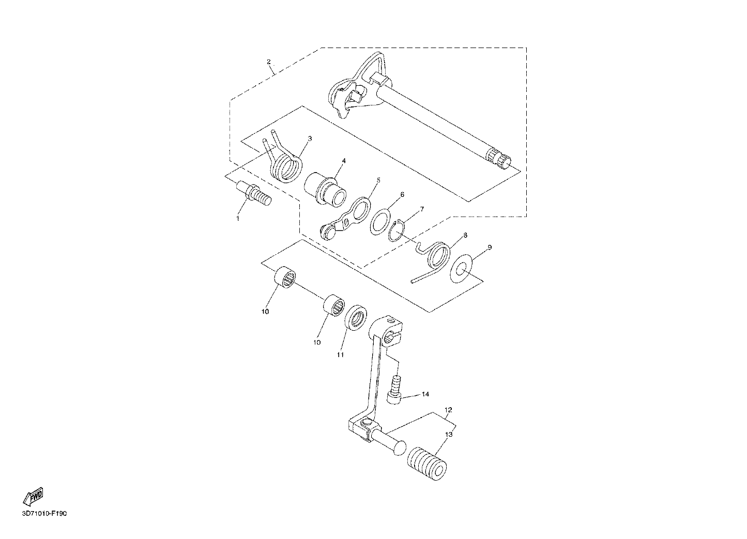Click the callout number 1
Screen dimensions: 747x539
[238, 219]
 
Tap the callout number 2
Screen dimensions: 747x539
[268, 61]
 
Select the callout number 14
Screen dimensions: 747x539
[425, 394]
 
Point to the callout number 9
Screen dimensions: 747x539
[490, 248]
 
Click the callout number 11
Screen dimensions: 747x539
[340, 355]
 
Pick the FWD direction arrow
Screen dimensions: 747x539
[33, 497]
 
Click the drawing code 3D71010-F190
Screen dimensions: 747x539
[44, 514]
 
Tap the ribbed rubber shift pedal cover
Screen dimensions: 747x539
[426, 468]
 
